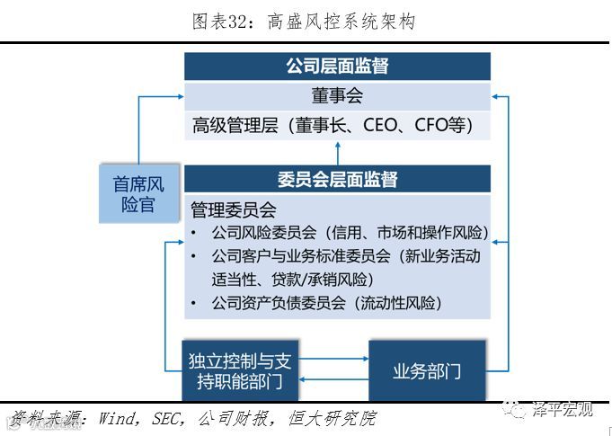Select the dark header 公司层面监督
[337, 67]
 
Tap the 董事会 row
[337, 95]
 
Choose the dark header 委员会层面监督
[337, 179]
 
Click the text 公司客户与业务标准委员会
[300, 256]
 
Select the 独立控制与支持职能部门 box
[239, 371]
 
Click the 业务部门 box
[427, 370]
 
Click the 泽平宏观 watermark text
[563, 411]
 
